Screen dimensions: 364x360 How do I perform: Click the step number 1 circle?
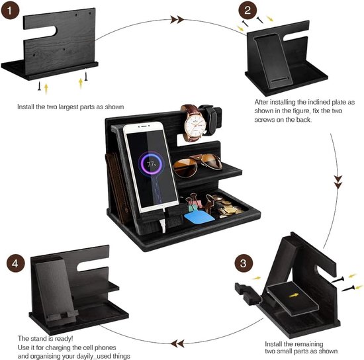tap(10, 10)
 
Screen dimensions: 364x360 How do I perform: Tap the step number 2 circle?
tap(248, 10)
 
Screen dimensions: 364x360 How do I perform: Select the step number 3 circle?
tap(244, 263)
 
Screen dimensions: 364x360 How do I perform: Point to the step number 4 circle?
tap(15, 263)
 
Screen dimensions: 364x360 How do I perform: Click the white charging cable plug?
tap(163, 226)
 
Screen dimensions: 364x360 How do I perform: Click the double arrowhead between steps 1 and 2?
tap(177, 19)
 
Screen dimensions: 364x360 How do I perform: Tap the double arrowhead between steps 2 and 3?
tap(338, 182)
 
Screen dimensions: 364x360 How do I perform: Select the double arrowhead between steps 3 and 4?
tap(177, 343)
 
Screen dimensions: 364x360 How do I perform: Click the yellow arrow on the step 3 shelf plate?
tap(294, 295)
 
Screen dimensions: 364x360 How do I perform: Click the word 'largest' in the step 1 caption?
tap(68, 107)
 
